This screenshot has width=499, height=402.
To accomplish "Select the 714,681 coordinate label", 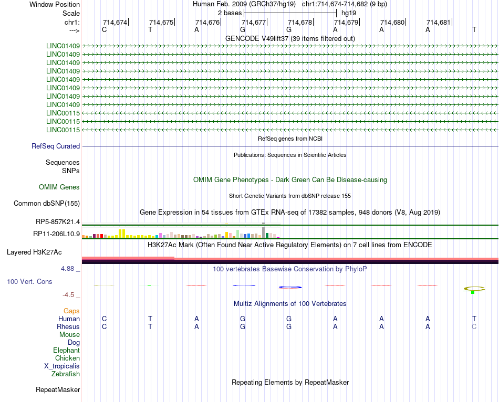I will click(439, 23).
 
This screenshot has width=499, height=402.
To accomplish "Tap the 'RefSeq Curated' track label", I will click(56, 146).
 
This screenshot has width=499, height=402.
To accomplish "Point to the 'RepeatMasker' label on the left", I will click(58, 390).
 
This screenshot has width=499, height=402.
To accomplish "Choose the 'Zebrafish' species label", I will click(66, 374).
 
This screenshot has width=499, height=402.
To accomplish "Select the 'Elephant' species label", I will click(67, 351).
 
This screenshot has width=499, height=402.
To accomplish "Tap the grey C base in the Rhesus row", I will click(474, 326).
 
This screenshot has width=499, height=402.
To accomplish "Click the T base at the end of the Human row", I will click(474, 319).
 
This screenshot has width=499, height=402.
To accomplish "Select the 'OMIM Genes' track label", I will click(59, 187).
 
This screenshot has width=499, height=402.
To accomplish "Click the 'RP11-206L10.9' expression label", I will click(57, 234).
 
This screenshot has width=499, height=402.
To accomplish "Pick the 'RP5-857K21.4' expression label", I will click(58, 222).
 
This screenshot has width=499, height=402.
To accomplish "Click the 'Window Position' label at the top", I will click(55, 4).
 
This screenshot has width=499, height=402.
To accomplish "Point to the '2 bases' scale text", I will click(230, 13).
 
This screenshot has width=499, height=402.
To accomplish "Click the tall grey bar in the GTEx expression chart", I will click(263, 232).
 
